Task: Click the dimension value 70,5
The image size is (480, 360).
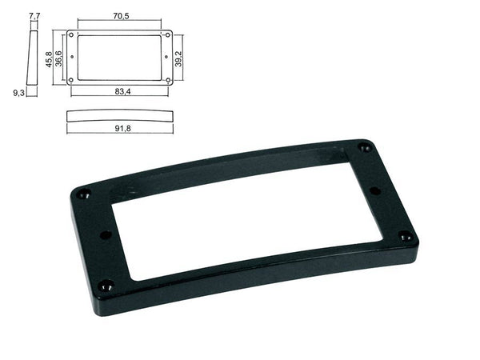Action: [122, 16]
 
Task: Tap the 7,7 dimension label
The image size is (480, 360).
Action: [34, 16]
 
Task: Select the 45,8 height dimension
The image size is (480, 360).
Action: [49, 59]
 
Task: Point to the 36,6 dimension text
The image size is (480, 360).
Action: [58, 58]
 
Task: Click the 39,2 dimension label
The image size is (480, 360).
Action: [178, 58]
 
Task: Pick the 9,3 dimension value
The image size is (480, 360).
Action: [18, 93]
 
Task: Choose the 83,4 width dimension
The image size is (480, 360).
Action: [122, 91]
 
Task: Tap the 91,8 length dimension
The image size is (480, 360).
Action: [122, 128]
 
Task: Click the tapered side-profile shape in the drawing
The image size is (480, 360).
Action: [33, 58]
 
